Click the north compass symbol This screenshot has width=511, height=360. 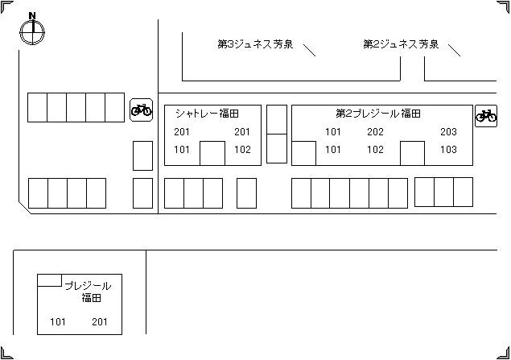point(31,31)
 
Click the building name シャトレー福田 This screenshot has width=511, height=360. point(207,114)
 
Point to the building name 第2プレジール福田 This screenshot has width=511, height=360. point(378,114)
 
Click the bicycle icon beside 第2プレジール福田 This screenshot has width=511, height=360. point(486,115)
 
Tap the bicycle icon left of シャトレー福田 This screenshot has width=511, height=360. point(142,110)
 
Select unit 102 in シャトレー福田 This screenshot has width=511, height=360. point(242,150)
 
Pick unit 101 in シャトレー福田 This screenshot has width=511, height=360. point(182,150)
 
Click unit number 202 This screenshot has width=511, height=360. point(375,132)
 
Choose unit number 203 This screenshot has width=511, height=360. point(448,132)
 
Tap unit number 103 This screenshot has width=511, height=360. point(448,150)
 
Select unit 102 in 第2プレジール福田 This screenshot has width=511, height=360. point(375,150)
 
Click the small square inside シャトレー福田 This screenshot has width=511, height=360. point(212,153)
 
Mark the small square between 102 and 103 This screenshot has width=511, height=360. point(412,153)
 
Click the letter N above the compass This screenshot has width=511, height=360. point(31,15)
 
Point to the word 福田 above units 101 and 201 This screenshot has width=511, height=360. point(91,299)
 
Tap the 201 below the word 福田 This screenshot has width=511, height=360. point(100,323)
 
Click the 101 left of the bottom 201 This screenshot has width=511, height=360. point(58,323)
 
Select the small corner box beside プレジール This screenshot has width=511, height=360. point(50,280)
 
